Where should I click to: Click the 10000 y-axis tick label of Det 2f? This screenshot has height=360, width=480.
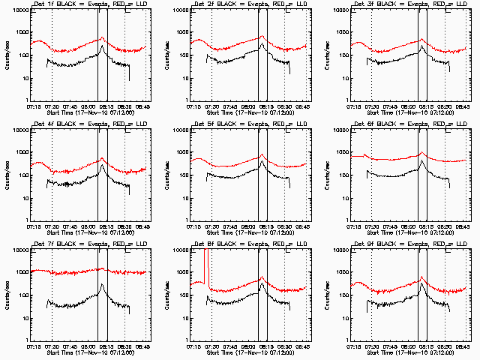[x=178, y=10]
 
